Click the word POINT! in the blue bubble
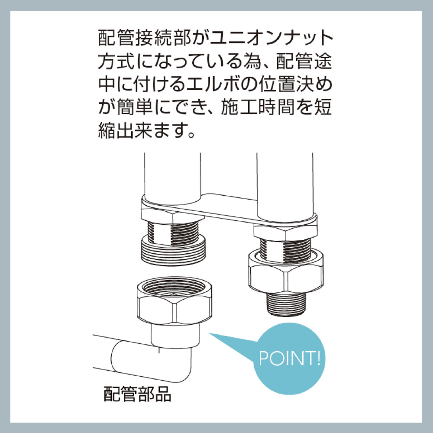pyautogui.click(x=289, y=358)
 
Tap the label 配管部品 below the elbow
pyautogui.click(x=137, y=394)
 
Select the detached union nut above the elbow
pyautogui.click(x=174, y=301)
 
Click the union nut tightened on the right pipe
pyautogui.click(x=286, y=270)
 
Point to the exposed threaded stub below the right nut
pyautogui.click(x=286, y=304)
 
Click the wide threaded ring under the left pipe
pyautogui.click(x=174, y=250)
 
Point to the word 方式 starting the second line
pyautogui.click(x=116, y=61)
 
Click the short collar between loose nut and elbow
pyautogui.click(x=174, y=336)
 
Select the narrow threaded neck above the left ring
pyautogui.click(x=173, y=233)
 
